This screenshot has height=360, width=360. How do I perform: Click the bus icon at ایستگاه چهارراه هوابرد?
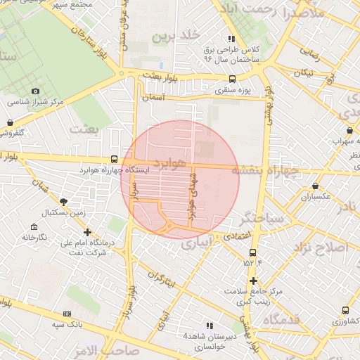115,160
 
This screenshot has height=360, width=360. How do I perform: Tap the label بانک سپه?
68,325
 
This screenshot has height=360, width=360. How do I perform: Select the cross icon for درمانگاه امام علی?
87,231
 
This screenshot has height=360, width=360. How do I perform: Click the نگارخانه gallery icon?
34,226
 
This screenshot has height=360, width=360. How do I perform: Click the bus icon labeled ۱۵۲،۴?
252,252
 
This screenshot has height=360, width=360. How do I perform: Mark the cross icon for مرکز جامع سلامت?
253,281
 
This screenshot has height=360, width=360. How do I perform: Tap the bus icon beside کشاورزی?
345,310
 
